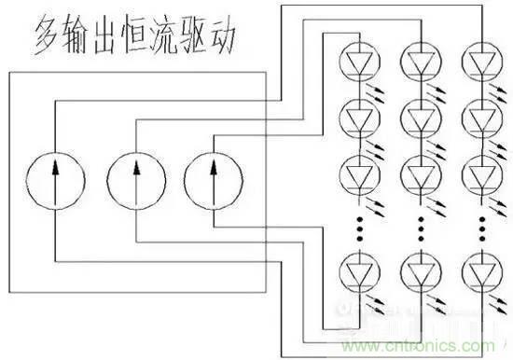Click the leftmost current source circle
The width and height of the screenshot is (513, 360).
point(53,175)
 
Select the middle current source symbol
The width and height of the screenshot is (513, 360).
point(136,175)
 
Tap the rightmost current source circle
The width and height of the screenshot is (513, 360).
point(215,175)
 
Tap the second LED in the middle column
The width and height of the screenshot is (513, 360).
point(417,118)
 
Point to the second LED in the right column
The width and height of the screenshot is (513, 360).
point(481,118)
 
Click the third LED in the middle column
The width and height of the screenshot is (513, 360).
point(417,174)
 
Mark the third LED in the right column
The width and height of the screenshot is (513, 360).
point(481,174)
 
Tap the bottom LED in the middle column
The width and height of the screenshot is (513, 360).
point(417,271)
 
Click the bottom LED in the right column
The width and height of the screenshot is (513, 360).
point(481,271)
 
